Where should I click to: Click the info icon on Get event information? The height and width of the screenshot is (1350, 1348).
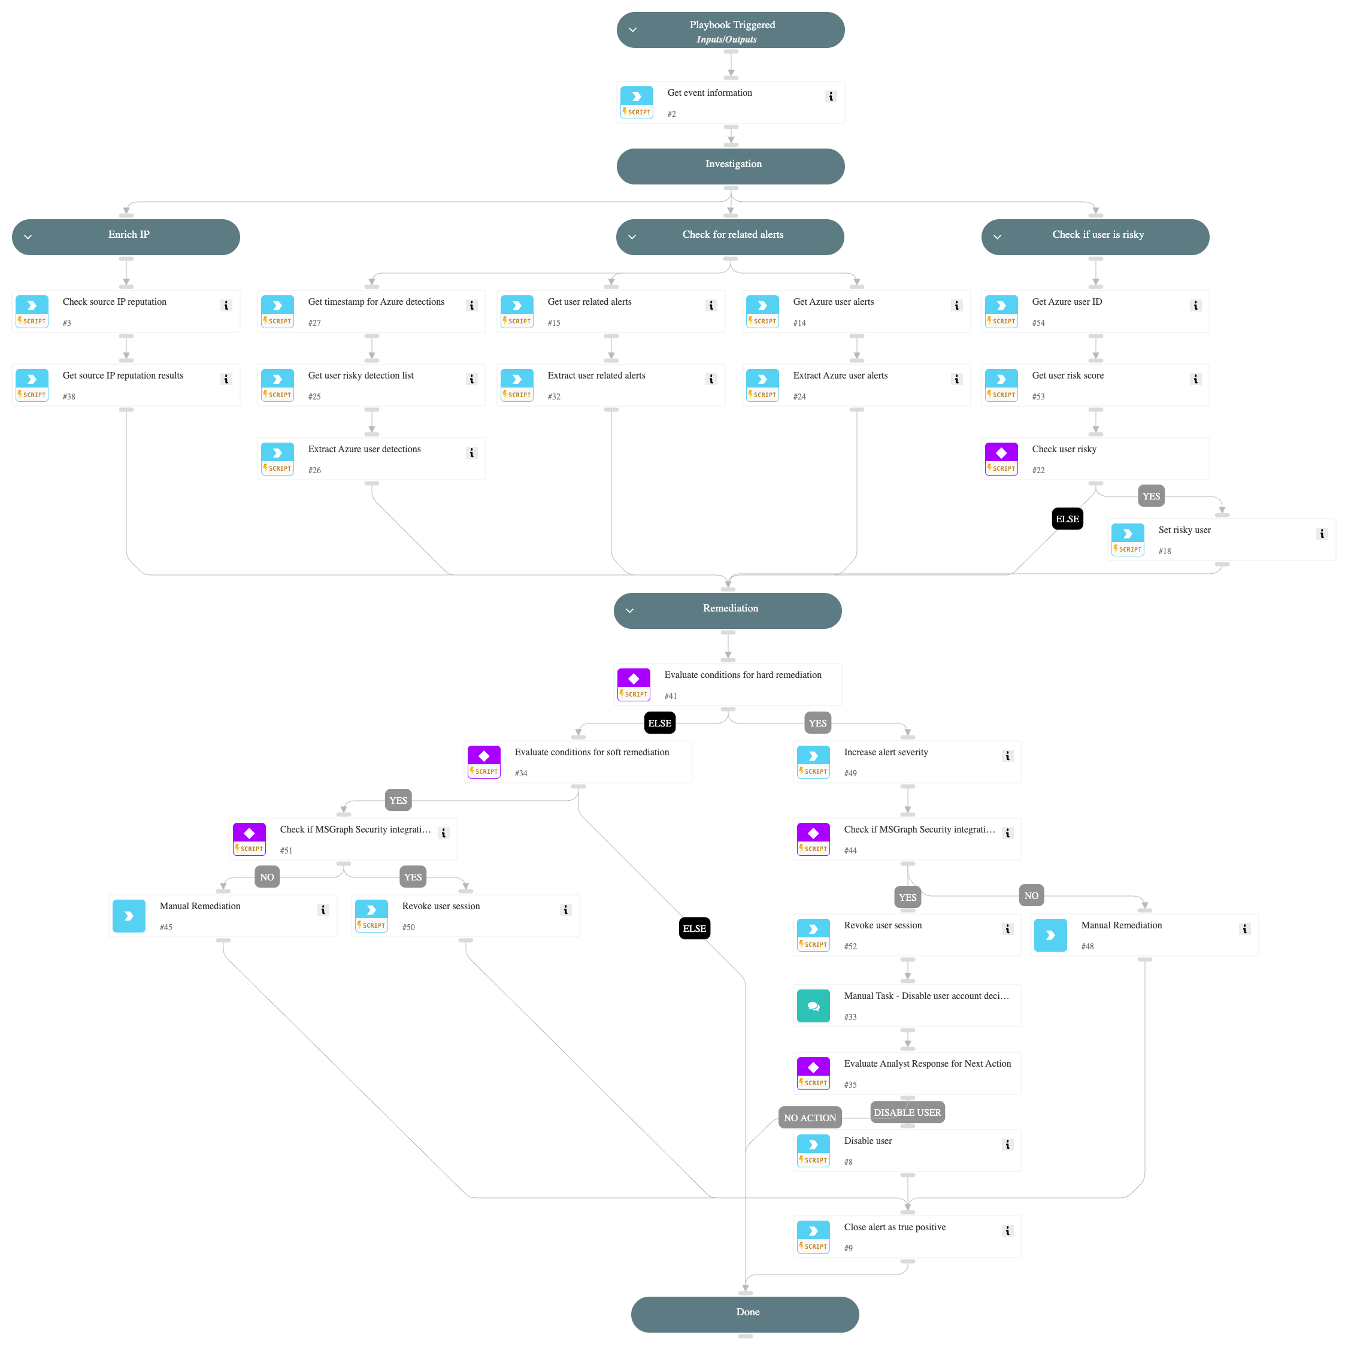tap(830, 96)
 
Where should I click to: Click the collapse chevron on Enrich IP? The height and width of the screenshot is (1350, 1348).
tap(28, 237)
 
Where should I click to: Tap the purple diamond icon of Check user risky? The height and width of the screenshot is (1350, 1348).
tap(1001, 453)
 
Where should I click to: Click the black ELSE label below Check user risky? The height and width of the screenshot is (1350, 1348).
tap(1067, 519)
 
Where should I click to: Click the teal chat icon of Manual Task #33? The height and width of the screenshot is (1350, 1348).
tap(813, 1006)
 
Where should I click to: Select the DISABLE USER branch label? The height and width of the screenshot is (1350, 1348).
tap(907, 1112)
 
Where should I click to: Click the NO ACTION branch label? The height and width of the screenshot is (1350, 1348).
tap(809, 1118)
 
